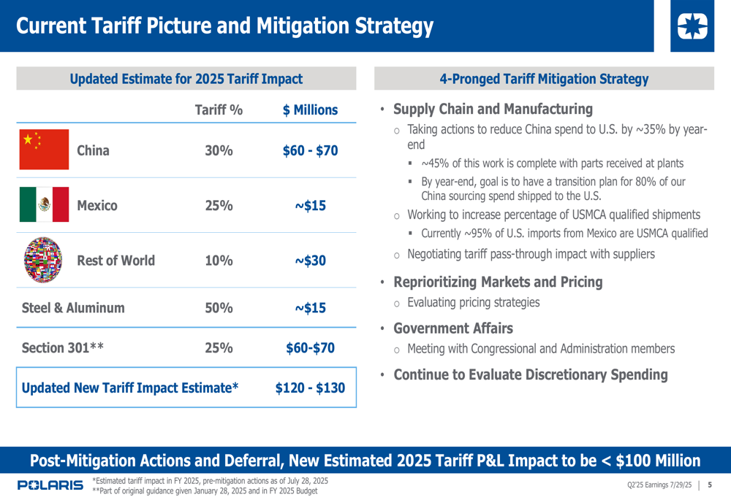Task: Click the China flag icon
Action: point(44,150)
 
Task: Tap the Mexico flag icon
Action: point(44,205)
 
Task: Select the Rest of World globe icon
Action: point(44,260)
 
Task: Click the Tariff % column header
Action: point(219,110)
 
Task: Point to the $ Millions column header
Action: point(311,110)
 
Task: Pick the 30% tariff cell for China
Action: point(219,151)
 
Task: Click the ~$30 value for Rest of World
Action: point(311,261)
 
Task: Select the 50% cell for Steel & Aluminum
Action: point(219,308)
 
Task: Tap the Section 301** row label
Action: point(63,348)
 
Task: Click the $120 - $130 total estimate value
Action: point(310,388)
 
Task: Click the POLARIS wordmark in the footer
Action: point(50,485)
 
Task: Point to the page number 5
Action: point(710,485)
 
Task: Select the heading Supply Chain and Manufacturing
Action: point(493,109)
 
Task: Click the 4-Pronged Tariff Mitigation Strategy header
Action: point(544,79)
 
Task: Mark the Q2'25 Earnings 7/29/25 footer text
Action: point(659,485)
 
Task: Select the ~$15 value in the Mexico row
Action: point(311,206)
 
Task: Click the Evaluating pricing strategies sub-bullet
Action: point(473,302)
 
